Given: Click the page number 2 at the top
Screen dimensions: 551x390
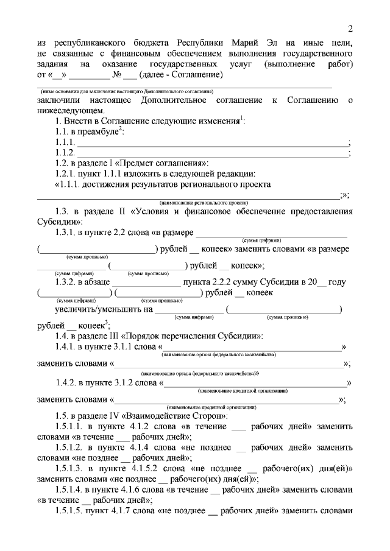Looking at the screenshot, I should pos(350,29).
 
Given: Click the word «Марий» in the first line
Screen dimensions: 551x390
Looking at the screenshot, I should pos(246,43).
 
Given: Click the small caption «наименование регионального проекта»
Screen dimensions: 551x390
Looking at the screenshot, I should pos(199,202).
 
